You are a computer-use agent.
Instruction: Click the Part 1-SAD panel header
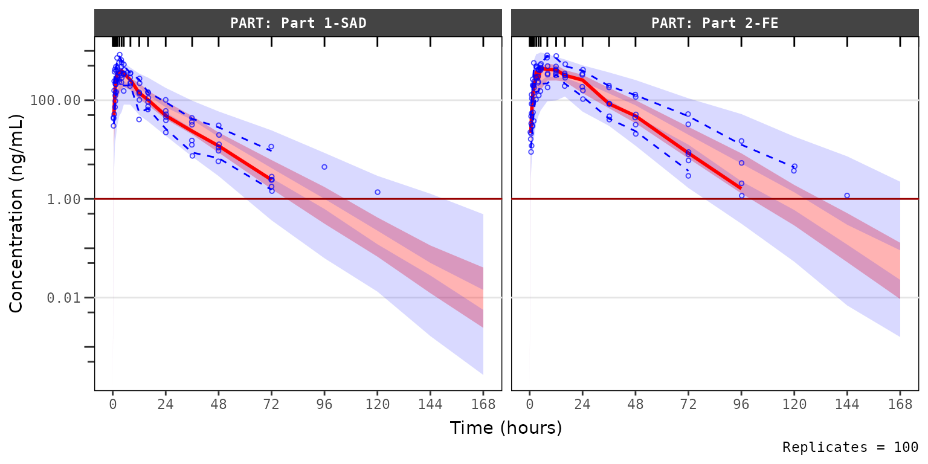(298, 24)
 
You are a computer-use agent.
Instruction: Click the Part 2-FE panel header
(715, 24)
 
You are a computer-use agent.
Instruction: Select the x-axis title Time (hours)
(506, 428)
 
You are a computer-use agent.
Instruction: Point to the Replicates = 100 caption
(850, 448)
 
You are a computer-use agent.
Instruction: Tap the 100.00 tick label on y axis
(55, 100)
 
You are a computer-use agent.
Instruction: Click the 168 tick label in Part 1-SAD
(483, 404)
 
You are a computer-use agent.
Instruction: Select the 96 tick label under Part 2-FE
(741, 404)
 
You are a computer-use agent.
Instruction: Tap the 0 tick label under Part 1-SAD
(113, 404)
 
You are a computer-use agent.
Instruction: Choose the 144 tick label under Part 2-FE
(847, 404)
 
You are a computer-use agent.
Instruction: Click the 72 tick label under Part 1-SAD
(272, 404)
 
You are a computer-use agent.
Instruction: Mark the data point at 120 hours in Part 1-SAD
(378, 192)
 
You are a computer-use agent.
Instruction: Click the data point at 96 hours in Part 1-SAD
(324, 167)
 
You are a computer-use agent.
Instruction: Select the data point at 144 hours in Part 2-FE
(847, 196)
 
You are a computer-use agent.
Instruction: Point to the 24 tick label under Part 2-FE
(582, 404)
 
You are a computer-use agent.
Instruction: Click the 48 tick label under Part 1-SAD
(219, 404)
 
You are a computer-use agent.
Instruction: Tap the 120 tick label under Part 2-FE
(794, 404)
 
